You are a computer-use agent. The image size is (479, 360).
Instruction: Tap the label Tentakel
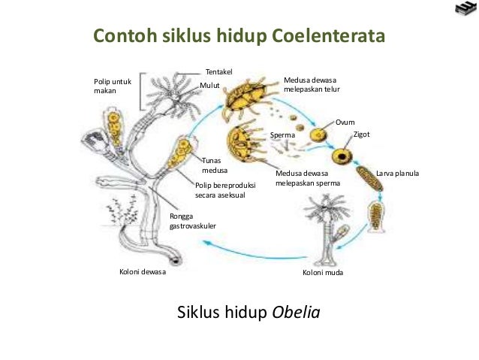point(218,71)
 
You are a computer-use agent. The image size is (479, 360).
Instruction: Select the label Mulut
point(209,86)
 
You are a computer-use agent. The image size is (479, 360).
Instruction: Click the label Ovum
point(345,122)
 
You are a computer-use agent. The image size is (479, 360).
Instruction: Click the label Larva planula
point(397,174)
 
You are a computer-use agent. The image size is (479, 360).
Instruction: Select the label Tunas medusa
point(215,165)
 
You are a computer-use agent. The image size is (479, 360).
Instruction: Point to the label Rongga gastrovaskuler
point(193,221)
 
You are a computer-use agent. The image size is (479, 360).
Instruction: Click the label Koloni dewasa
point(142,272)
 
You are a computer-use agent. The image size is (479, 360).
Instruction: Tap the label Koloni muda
point(323,272)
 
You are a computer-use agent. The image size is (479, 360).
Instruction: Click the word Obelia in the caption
point(295,311)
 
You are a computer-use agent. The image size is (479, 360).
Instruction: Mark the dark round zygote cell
point(344,156)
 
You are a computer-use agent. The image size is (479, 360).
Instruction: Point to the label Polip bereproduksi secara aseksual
point(225,189)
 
